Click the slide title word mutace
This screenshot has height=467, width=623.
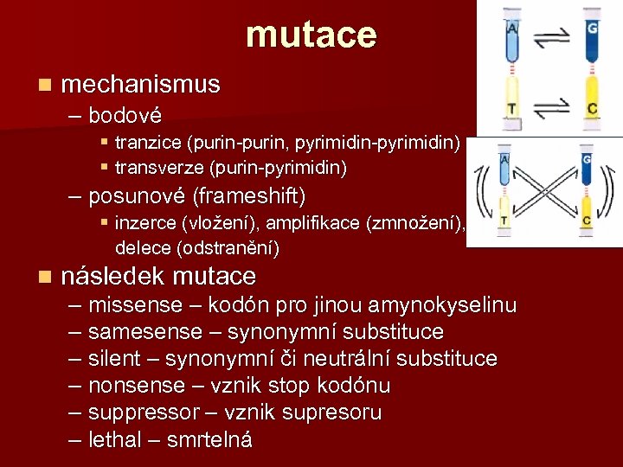[311, 35]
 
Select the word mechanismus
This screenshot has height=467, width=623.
[141, 85]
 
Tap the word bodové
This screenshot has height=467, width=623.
[125, 115]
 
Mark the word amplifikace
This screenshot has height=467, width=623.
[313, 223]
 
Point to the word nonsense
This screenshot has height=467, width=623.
[137, 386]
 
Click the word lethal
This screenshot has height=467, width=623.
[114, 439]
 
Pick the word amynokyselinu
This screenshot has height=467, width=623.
[442, 305]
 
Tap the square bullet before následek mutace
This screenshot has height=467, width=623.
[45, 277]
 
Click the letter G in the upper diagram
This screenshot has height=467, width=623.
[592, 29]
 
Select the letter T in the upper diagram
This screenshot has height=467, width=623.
[513, 108]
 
